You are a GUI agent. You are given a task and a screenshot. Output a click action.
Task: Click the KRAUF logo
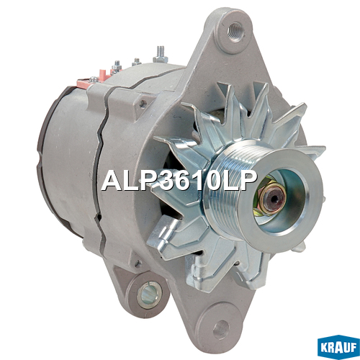point(338,347)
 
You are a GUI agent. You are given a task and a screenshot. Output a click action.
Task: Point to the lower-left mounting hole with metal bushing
point(148,294)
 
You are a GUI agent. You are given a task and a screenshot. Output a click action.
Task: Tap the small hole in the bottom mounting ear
point(221,328)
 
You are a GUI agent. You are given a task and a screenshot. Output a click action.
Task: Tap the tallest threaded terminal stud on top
point(160,55)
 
